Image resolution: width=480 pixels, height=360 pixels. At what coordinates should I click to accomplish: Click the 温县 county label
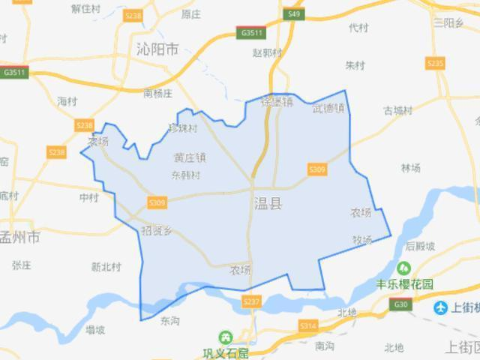click(268, 203)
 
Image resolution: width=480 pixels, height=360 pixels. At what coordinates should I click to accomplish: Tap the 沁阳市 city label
click(157, 50)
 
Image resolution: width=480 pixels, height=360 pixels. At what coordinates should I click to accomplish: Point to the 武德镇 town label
click(328, 109)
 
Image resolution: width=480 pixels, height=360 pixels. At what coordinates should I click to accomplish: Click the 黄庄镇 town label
click(189, 157)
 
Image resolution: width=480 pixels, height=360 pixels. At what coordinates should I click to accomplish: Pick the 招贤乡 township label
click(157, 230)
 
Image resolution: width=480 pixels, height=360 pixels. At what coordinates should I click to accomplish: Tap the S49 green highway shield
click(295, 14)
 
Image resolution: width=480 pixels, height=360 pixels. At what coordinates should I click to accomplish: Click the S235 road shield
click(435, 64)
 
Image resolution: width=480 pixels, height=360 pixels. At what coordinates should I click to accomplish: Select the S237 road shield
click(252, 301)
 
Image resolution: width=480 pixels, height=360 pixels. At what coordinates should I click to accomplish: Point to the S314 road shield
click(307, 326)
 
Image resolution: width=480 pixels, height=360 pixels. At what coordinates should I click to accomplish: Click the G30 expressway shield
click(400, 304)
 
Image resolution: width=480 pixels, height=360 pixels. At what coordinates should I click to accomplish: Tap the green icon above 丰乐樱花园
click(404, 268)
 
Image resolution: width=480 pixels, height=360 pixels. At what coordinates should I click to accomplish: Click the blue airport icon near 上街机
click(441, 307)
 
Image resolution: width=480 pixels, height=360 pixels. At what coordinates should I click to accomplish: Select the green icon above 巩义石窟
click(225, 338)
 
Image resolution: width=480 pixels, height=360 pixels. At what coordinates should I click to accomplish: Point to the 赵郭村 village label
click(268, 53)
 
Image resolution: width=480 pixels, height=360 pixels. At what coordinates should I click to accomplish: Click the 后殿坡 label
click(420, 246)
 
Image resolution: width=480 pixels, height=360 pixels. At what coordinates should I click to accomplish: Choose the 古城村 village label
click(397, 111)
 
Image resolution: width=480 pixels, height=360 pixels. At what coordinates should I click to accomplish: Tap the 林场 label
click(410, 168)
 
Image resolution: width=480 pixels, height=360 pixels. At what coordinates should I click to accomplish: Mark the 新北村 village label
click(105, 266)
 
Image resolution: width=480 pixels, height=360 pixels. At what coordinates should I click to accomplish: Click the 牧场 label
click(361, 240)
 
